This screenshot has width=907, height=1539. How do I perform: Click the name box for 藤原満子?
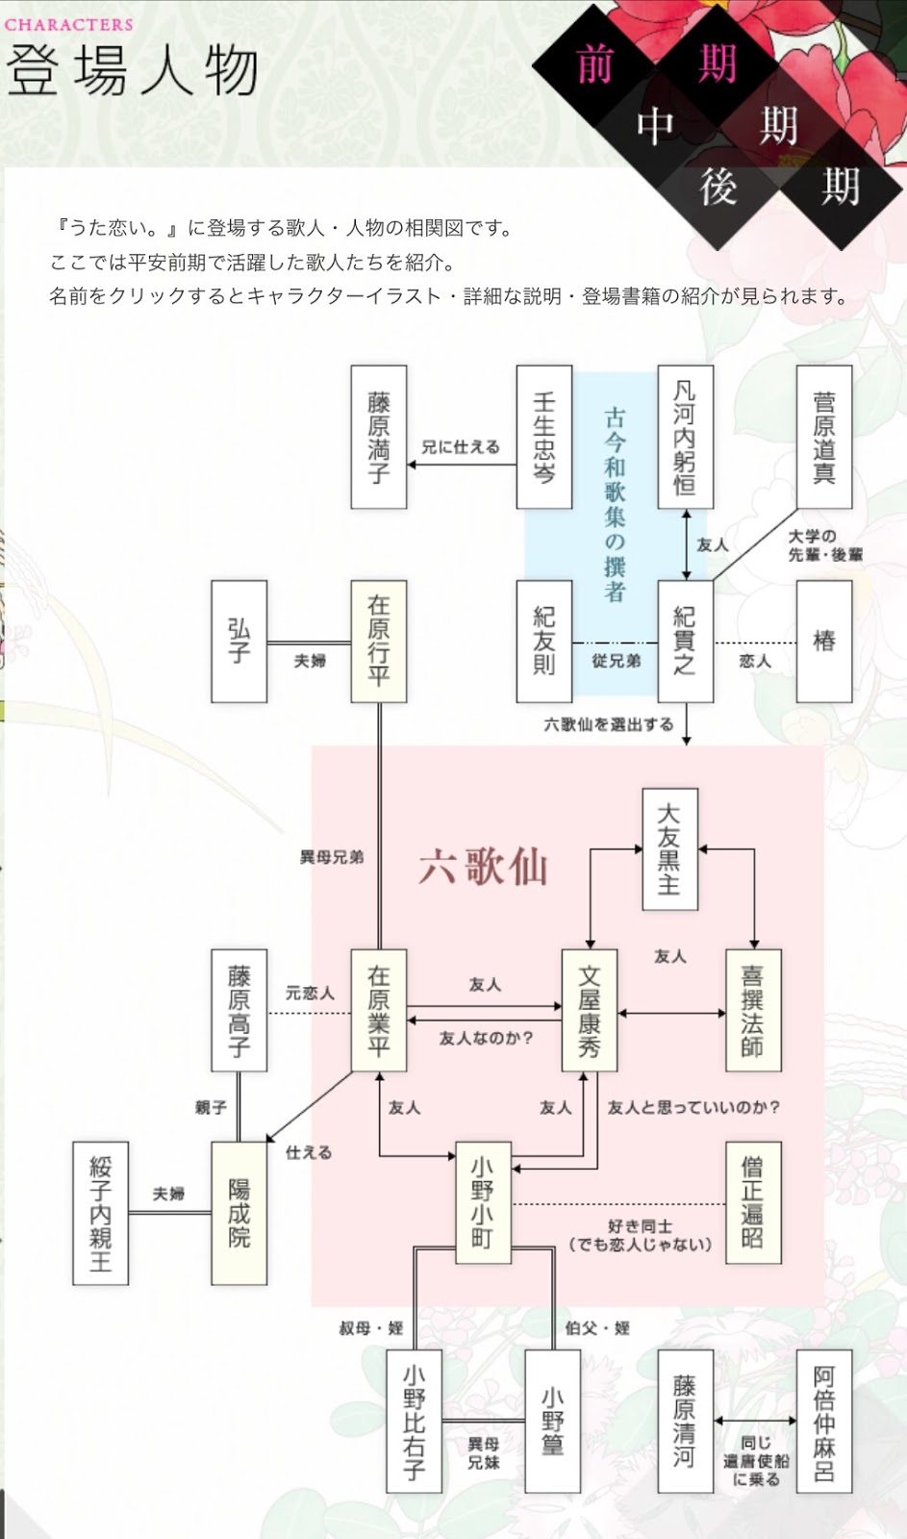coord(378,437)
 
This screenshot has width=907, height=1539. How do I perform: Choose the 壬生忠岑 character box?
coord(544,437)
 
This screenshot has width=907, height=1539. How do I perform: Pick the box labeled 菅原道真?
coord(824,437)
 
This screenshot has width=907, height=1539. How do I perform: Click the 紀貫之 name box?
coord(685,641)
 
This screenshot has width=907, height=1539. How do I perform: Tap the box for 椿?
coord(824,641)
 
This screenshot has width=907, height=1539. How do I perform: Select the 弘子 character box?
coord(239,641)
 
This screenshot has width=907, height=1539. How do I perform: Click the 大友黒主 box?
coord(669,849)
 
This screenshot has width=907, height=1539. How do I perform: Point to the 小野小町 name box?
coord(483,1202)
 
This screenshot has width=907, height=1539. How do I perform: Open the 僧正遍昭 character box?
coord(753,1202)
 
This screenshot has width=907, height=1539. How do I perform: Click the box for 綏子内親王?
coord(100,1214)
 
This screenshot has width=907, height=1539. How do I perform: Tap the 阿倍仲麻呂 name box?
coord(824,1424)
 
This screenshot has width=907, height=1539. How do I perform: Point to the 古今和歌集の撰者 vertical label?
coord(615,504)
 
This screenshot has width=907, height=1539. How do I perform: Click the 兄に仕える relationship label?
coord(461,447)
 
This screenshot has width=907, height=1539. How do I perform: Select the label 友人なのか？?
coord(486,1038)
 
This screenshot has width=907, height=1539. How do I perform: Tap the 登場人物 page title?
coord(132,71)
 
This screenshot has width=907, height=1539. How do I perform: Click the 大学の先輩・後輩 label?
coord(825,545)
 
